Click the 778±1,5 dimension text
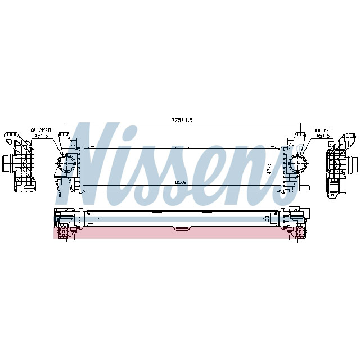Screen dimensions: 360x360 pos(182,120)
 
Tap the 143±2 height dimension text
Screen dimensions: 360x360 pos(270,169)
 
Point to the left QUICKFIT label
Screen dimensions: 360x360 pos(41,130)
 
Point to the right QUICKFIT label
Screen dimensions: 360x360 pos(323,130)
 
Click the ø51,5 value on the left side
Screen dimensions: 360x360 pos(42,136)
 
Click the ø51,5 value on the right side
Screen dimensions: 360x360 pos(323,136)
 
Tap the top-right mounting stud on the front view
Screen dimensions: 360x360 pos(300,136)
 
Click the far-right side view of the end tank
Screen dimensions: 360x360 pos(341,163)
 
